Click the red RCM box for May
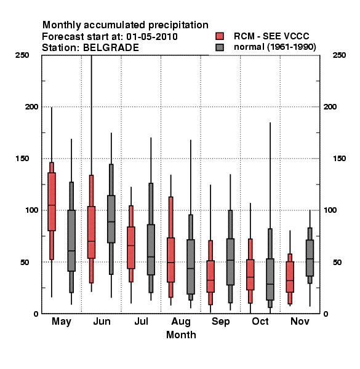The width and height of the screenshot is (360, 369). [x=52, y=202]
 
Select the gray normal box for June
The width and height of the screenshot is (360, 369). [x=111, y=219]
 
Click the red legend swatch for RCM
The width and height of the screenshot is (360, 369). [x=220, y=36]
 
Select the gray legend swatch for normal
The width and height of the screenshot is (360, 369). [x=220, y=47]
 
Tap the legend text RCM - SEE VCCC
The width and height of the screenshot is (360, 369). [x=271, y=36]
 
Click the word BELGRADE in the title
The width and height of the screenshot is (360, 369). [x=111, y=48]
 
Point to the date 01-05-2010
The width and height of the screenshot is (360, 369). [x=152, y=37]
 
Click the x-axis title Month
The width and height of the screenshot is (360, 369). [x=181, y=335]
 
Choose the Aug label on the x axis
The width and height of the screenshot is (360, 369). [x=181, y=322]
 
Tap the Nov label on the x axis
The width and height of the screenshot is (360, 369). [x=300, y=321]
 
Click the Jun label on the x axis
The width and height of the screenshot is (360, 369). [x=102, y=321]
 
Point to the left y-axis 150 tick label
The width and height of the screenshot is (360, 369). [x=22, y=159]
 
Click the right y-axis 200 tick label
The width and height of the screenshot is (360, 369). [x=330, y=106]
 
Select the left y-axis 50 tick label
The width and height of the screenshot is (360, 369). [x=25, y=262]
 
